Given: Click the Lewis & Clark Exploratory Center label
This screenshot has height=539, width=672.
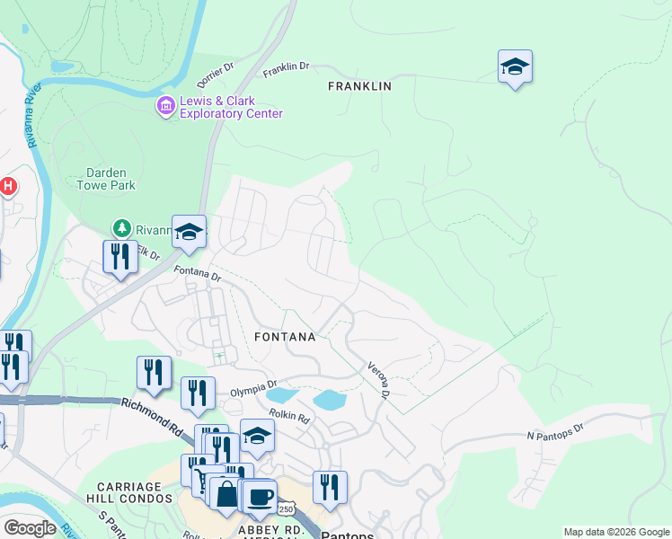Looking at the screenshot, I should tap(231, 107).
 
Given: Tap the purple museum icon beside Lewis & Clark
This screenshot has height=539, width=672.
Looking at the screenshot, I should tap(165, 107).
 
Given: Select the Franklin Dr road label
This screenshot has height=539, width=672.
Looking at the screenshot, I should tap(286, 68).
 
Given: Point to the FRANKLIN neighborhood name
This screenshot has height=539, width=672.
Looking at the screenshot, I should tap(359, 86).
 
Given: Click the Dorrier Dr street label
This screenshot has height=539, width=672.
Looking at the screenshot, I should tap(217, 68).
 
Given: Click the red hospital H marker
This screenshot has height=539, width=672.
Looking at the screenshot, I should tap(7, 187).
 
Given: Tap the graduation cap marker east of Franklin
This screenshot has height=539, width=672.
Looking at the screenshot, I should tap(515, 67).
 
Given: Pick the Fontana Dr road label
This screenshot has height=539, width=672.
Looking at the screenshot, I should tap(197, 273).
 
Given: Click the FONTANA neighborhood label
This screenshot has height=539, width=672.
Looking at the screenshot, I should tap(285, 337).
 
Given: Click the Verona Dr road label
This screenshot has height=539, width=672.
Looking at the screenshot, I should tap(377, 380).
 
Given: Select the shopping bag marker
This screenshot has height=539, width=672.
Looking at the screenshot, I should tap(225, 494).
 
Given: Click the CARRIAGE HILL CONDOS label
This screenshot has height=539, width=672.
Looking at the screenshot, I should tap(130, 491).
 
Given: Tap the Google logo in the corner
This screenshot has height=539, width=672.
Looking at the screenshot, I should tap(30, 527).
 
